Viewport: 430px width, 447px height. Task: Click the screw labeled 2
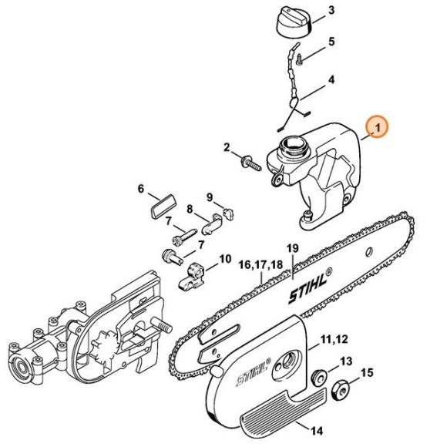click(x=250, y=162)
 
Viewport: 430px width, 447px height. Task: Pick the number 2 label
click(x=227, y=146)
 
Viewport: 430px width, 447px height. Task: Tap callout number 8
click(x=190, y=209)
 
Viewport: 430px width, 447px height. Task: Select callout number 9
click(x=209, y=198)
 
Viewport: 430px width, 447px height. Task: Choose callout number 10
click(x=225, y=259)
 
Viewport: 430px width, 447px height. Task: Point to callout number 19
click(x=292, y=249)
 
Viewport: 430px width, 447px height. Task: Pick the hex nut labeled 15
click(x=338, y=395)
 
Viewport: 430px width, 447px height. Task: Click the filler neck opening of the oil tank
click(x=293, y=143)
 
